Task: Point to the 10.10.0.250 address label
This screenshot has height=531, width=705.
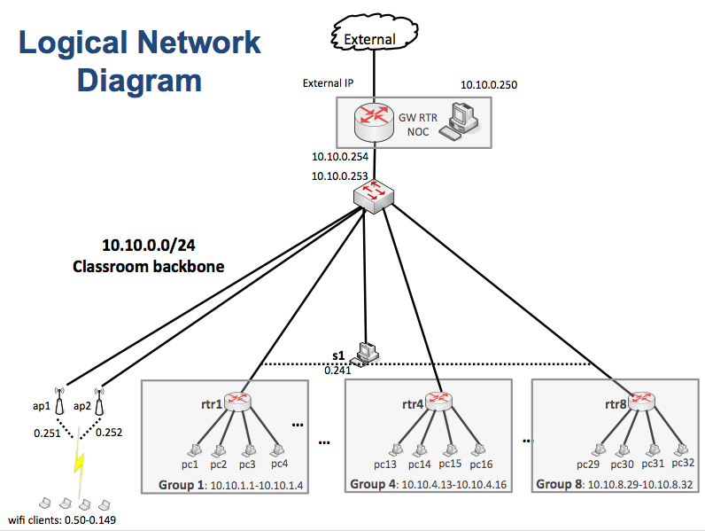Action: (x=489, y=85)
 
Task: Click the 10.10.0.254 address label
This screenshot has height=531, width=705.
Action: (x=339, y=157)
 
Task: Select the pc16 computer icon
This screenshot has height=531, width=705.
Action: (x=480, y=449)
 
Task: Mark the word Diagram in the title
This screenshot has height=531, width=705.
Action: (x=139, y=81)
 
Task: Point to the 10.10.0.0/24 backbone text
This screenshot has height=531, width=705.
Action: (x=148, y=246)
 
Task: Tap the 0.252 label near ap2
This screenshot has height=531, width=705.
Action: (x=109, y=433)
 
